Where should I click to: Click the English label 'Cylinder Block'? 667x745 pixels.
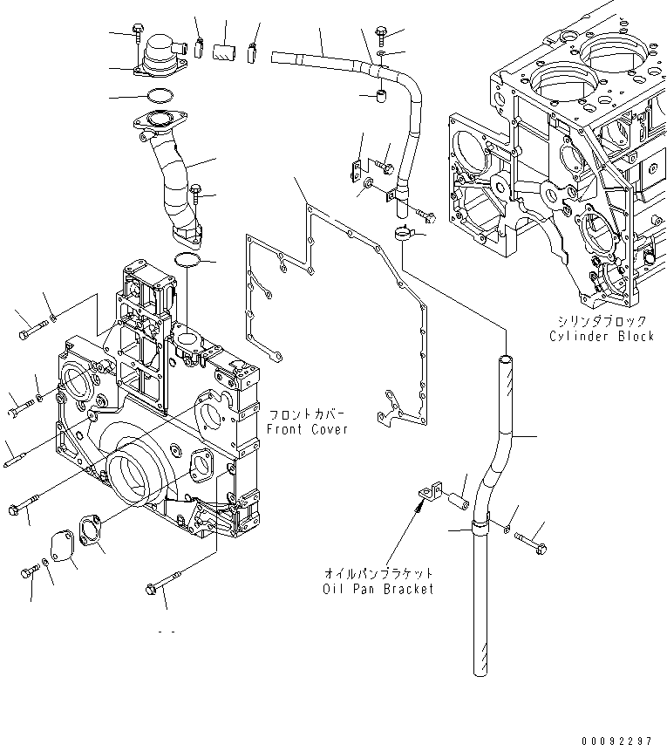coord(601,336)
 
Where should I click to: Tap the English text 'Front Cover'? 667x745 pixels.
coord(307,429)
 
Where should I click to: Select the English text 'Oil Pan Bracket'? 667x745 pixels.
coord(378,589)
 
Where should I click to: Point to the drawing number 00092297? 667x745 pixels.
coord(616,738)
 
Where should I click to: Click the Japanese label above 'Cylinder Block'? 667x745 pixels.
coord(601,321)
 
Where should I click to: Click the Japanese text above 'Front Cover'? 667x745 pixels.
coord(307,415)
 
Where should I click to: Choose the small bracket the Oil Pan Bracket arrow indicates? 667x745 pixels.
coord(428,494)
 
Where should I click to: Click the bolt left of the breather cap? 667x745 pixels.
coord(138,33)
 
